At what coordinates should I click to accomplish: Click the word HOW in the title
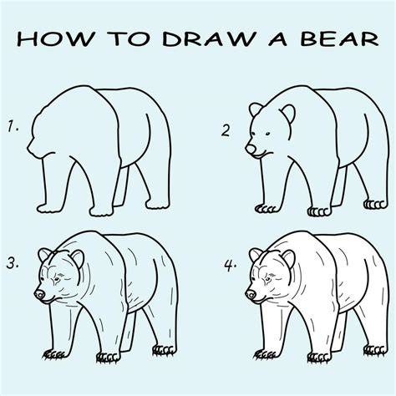click(x=55, y=38)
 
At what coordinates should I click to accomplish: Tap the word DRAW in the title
click(x=208, y=38)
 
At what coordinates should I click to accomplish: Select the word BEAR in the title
click(x=339, y=38)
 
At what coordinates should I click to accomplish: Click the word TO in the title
click(x=128, y=38)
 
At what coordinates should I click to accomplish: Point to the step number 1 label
click(x=13, y=126)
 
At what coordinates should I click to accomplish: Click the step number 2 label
click(x=226, y=130)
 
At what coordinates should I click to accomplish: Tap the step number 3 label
click(x=13, y=262)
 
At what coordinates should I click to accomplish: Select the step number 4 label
click(x=231, y=265)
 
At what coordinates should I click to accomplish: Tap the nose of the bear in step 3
click(x=39, y=294)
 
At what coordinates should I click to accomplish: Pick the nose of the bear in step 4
click(x=251, y=294)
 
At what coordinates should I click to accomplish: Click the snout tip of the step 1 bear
click(x=28, y=148)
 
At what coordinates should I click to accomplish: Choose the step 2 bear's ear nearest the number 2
click(x=256, y=109)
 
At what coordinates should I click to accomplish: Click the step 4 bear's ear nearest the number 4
click(x=256, y=255)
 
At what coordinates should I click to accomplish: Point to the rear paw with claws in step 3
click(x=165, y=350)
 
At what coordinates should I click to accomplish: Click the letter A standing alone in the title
click(x=277, y=38)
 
